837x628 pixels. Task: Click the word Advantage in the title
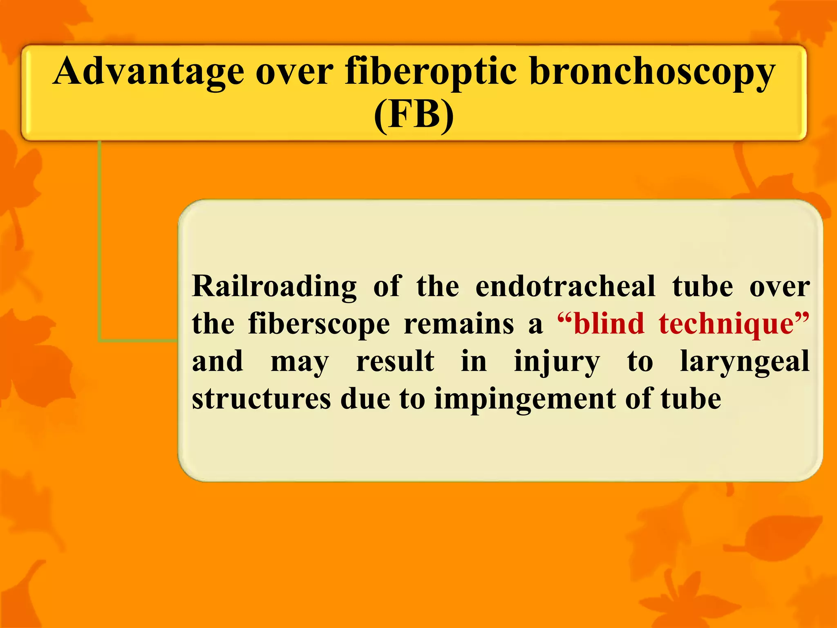pos(149,72)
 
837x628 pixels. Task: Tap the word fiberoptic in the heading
pos(431,72)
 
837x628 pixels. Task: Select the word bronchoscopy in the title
pos(652,72)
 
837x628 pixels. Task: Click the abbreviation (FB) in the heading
pos(414,115)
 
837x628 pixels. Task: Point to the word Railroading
pos(274,286)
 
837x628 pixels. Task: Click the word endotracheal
pos(566,286)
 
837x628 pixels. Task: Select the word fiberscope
pos(319,324)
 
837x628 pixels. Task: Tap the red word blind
pos(609,324)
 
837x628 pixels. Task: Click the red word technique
pos(726,324)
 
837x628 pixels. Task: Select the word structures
pos(262,399)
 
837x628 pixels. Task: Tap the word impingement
pos(525,399)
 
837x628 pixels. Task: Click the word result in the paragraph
pos(395,361)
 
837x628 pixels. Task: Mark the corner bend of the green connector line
pos(100,340)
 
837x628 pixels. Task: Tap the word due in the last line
pos(365,399)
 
